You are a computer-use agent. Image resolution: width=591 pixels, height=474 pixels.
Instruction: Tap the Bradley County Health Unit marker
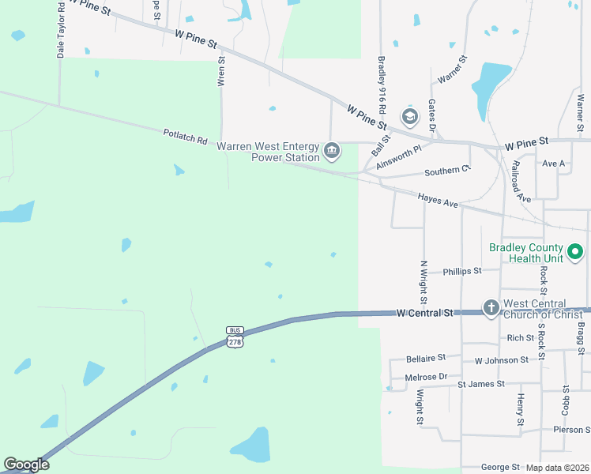point(576,253)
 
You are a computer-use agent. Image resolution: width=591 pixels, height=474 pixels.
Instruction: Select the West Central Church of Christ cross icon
point(491,307)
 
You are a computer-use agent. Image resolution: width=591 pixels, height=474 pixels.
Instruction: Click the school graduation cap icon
point(409,118)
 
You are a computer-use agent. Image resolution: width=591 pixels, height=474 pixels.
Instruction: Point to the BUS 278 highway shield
point(235,337)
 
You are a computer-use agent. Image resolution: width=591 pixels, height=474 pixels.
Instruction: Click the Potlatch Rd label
point(185,137)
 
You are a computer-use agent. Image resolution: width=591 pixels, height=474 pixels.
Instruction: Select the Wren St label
point(222,70)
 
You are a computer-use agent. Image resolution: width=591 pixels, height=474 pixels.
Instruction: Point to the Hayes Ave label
point(438,202)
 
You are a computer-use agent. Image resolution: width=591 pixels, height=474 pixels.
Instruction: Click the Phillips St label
point(462,271)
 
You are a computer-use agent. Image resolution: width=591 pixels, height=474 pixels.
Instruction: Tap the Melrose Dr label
point(426,377)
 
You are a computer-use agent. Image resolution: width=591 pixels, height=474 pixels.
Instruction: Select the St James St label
point(481,384)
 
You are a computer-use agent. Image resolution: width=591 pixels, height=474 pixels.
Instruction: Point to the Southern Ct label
point(447,170)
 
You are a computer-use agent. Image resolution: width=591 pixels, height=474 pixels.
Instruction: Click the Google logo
point(26,465)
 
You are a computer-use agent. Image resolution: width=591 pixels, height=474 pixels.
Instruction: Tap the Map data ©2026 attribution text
point(557,468)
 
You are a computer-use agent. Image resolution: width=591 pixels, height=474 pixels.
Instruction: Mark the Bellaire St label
point(426,358)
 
